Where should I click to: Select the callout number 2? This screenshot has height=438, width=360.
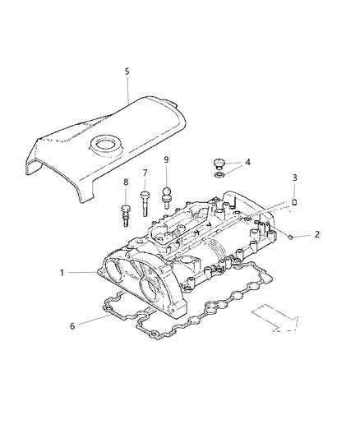pyautogui.click(x=316, y=235)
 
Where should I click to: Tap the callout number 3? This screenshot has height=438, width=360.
pyautogui.click(x=294, y=178)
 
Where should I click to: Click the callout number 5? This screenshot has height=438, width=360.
pyautogui.click(x=127, y=71)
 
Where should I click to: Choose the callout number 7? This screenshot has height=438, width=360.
pyautogui.click(x=145, y=173)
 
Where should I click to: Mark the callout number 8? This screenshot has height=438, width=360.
pyautogui.click(x=126, y=182)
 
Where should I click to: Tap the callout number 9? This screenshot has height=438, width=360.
pyautogui.click(x=165, y=159)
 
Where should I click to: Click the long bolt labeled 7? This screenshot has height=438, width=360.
pyautogui.click(x=145, y=201)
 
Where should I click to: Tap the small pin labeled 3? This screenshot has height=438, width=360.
pyautogui.click(x=294, y=201)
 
